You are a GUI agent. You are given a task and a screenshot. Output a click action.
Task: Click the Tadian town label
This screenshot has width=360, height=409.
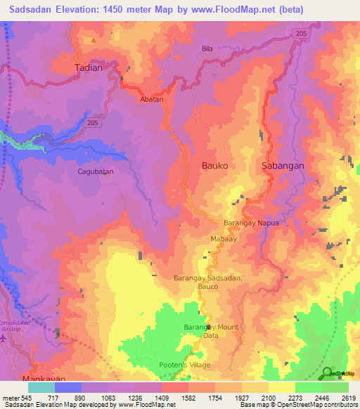[89, 68]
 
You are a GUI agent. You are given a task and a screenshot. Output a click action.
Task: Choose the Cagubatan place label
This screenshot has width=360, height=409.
[95, 171]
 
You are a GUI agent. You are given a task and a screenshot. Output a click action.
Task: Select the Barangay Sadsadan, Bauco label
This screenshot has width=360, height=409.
[208, 283]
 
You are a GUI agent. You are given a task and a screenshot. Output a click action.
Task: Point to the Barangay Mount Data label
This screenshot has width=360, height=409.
[211, 332]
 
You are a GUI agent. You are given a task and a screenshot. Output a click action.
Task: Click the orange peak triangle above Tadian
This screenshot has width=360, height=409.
[92, 41]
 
